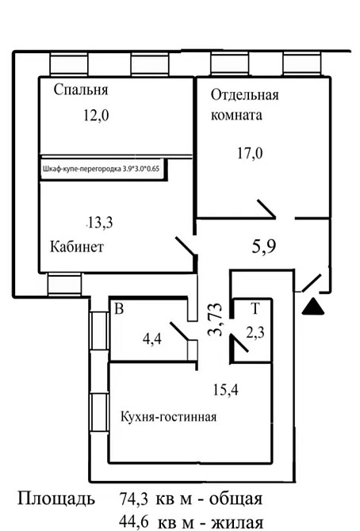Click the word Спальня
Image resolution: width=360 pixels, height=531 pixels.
pos(81,90)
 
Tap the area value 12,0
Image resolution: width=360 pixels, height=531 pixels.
pos(95,116)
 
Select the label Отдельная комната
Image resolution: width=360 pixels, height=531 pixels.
pos(243,105)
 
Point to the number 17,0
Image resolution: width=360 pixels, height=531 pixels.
pos(249,153)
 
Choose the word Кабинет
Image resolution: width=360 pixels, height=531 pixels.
pos(77,246)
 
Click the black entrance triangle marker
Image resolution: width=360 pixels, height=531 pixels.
pos(315,307)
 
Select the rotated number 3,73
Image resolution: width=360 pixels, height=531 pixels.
pos(215,321)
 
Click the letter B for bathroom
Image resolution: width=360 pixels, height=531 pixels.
pos(119,309)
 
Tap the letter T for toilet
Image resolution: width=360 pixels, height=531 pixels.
pos(255,309)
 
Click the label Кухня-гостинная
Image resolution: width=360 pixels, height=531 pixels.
pos(168,418)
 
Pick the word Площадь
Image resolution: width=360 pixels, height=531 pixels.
pos(56,500)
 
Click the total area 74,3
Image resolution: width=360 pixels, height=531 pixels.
pos(136,499)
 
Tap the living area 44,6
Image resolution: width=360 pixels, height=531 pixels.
pos(136,521)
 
